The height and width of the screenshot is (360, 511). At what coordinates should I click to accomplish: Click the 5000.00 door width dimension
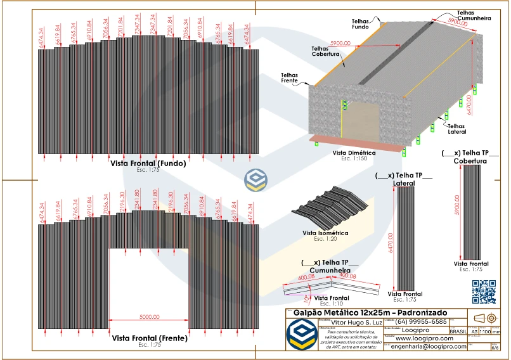pyautogui.click(x=150, y=316)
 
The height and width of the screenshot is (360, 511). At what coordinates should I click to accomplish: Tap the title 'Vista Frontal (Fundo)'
pyautogui.click(x=148, y=164)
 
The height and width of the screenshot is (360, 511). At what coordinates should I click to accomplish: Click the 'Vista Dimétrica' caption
pyautogui.click(x=354, y=153)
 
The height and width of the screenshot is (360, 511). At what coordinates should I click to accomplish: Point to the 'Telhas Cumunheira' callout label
pyautogui.click(x=474, y=15)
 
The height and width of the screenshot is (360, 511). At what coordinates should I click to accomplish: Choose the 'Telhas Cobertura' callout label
pyautogui.click(x=325, y=51)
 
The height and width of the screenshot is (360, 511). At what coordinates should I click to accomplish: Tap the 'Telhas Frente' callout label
pyautogui.click(x=290, y=78)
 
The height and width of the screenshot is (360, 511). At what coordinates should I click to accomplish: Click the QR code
pyautogui.click(x=484, y=292)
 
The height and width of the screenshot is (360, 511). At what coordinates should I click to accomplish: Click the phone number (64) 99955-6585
pyautogui.click(x=422, y=322)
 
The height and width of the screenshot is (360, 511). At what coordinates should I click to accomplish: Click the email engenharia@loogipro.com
pyautogui.click(x=429, y=347)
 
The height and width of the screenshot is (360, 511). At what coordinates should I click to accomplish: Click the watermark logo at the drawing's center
pyautogui.click(x=256, y=180)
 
